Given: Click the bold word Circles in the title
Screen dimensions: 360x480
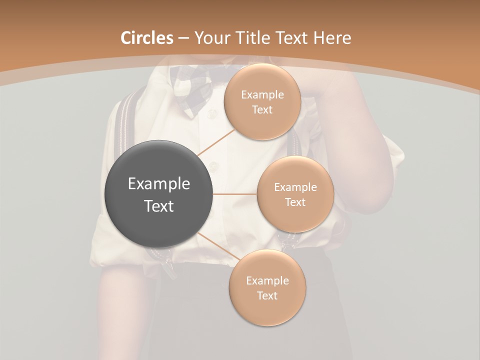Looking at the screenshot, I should [x=146, y=38].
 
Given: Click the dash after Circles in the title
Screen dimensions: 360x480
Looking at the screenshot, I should [x=183, y=38].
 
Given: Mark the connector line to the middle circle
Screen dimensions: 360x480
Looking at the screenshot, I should [x=235, y=194].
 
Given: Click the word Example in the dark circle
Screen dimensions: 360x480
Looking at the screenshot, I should [x=159, y=184].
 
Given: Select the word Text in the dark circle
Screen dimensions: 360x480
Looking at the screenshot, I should [x=159, y=206].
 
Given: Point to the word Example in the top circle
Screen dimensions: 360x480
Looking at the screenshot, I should [x=262, y=94].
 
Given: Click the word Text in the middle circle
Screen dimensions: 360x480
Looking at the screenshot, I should [x=295, y=202].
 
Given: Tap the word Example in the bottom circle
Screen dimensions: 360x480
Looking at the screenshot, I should [x=267, y=280].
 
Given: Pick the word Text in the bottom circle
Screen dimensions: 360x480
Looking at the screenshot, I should [x=267, y=295].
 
